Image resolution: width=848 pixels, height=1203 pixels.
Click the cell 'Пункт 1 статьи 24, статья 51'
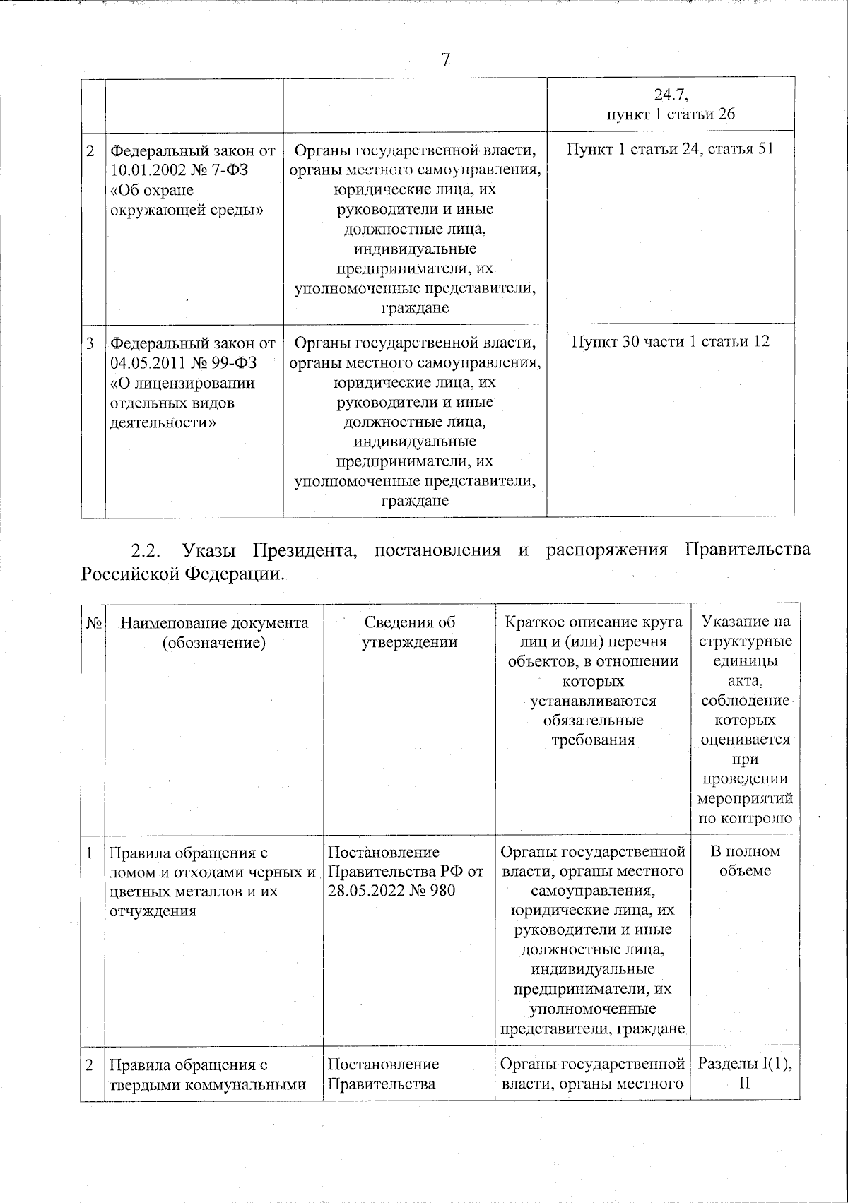point(671,150)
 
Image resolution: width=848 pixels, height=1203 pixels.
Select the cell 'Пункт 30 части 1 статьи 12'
point(671,342)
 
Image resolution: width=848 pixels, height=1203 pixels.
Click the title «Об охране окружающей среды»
point(187,201)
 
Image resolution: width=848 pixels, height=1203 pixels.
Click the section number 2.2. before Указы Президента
point(148,550)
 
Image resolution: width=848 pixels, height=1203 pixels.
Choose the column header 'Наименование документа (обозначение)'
point(214,632)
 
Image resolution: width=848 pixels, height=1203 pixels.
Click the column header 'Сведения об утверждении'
point(410,632)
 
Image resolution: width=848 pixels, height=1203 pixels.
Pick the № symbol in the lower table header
point(93,623)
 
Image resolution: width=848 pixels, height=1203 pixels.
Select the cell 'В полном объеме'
point(745,861)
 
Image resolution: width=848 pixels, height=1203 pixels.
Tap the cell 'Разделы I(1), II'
point(745,1073)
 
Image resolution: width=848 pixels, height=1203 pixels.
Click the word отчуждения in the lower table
point(152,911)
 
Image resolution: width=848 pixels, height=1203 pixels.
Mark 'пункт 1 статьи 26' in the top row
point(671,114)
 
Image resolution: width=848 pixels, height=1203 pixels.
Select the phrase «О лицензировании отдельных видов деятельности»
point(182,403)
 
